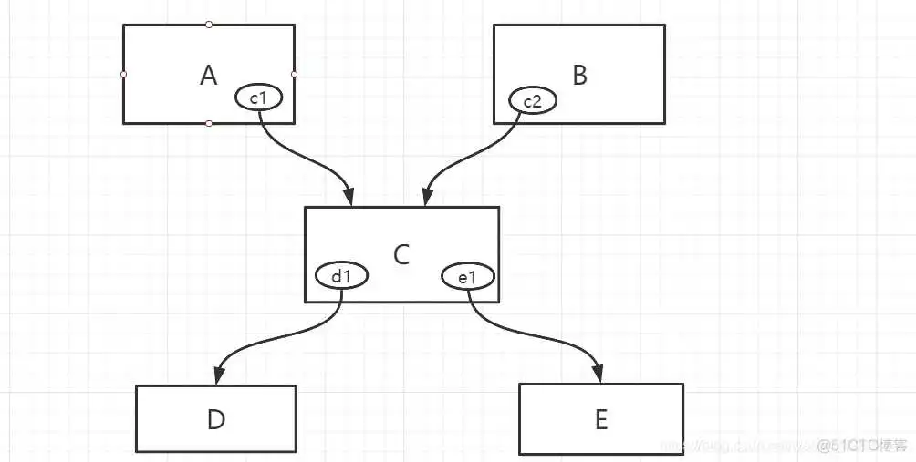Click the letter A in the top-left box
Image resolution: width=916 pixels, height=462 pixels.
coord(208,76)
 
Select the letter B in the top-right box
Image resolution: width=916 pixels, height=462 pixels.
coord(579,76)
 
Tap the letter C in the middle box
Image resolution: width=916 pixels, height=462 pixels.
coord(401,255)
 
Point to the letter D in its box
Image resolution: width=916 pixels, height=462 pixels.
coord(216,420)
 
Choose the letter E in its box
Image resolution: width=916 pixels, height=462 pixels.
coord(600,420)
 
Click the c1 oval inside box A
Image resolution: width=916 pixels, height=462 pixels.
coord(262,95)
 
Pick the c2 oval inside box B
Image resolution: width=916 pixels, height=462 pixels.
coord(532,101)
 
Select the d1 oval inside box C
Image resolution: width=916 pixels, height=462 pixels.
coord(341,275)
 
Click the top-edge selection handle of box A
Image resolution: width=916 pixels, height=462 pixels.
coord(209,25)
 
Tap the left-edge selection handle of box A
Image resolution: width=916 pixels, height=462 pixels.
coord(123,74)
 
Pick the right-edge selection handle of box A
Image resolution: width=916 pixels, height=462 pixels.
coord(294,74)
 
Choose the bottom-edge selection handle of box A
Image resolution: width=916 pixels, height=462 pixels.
coord(209,123)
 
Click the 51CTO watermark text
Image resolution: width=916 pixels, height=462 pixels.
coord(861,445)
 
